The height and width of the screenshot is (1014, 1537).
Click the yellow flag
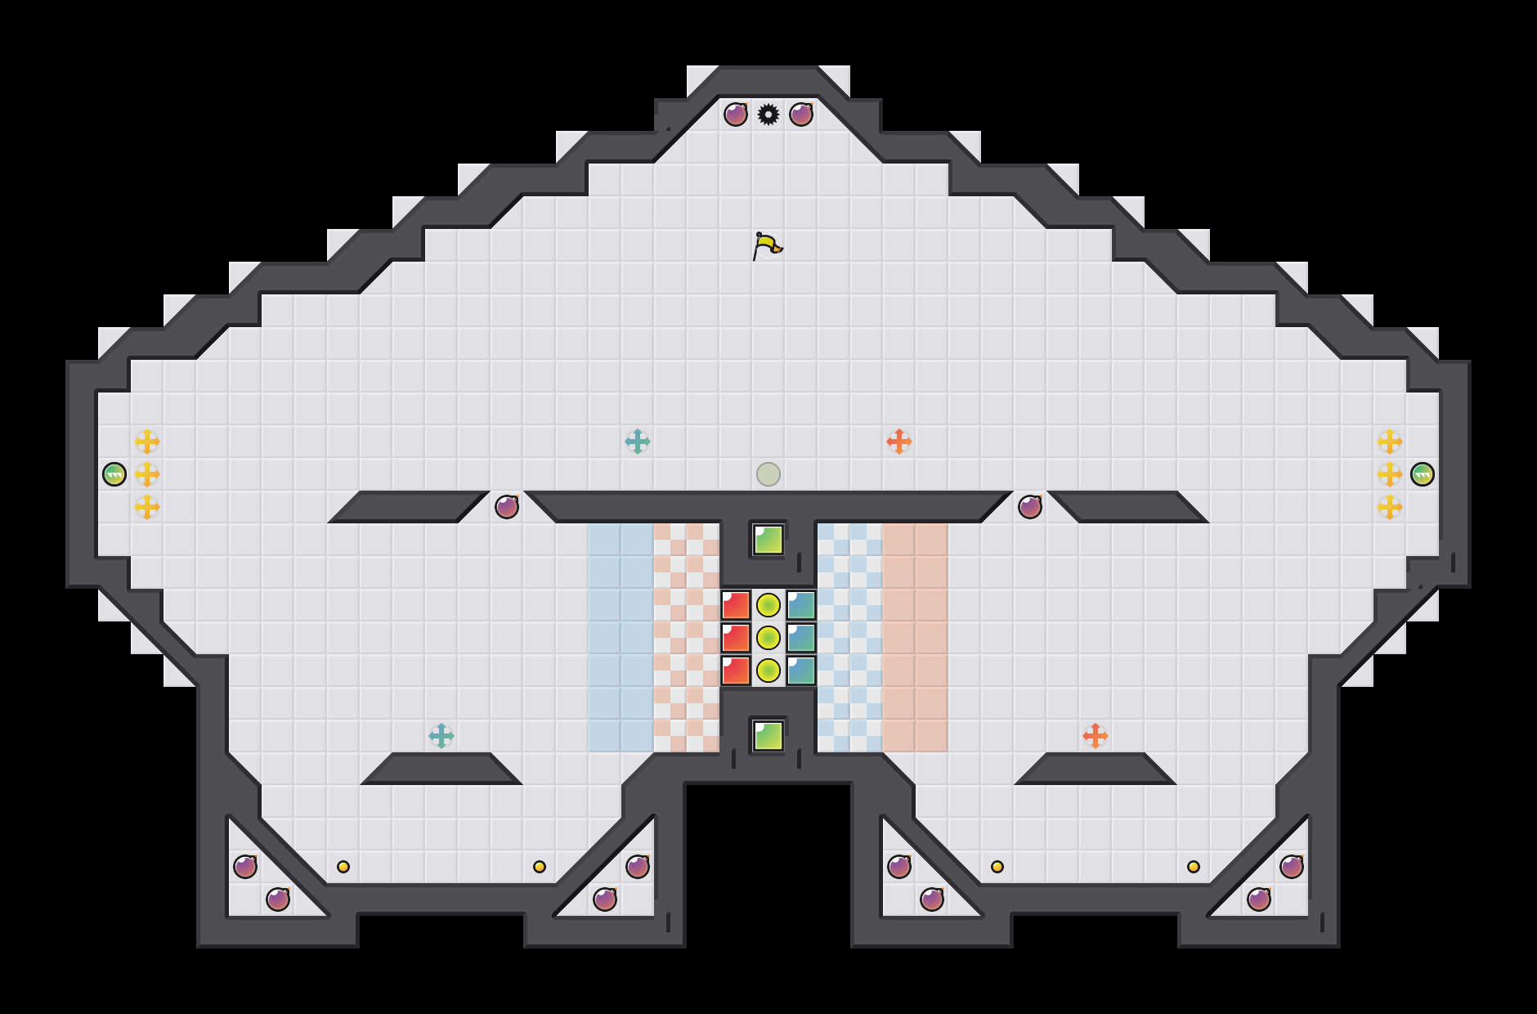coord(767,245)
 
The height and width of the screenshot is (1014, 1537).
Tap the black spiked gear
coord(768,114)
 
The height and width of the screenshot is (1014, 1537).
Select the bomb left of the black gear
coord(736,114)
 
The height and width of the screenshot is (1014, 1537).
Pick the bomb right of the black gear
coord(801,114)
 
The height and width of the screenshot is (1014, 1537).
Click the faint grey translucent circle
coord(768,474)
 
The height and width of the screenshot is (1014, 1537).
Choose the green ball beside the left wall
coord(114,474)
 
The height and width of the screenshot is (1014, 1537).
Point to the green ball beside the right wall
coord(1423,474)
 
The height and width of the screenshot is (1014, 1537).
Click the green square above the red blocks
coord(768,540)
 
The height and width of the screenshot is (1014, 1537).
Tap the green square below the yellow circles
coord(768,736)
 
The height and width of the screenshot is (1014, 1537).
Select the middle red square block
coord(736,638)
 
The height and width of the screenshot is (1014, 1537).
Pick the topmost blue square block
coord(801,605)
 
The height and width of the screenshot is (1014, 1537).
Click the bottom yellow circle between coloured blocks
coord(768,671)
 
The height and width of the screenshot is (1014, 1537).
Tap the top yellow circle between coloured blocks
coord(768,605)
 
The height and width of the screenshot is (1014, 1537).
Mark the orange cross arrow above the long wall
coord(899,442)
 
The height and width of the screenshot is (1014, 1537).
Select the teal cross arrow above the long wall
coord(638,442)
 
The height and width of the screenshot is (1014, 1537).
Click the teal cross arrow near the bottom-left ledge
coord(441,736)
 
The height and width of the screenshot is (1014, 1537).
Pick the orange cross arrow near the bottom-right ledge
coord(1096,736)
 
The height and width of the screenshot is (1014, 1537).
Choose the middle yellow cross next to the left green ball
coord(147,474)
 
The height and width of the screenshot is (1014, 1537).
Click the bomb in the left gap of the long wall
coord(507,507)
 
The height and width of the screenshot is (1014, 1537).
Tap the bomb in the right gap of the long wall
coord(1030,507)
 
